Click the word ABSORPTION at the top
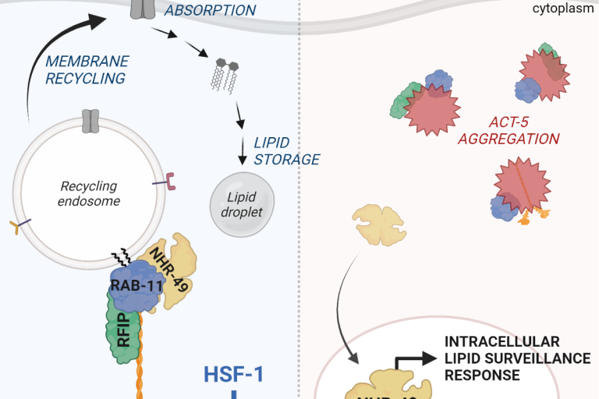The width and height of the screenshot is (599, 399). coord(210,11)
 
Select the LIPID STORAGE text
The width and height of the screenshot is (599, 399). coord(286,151)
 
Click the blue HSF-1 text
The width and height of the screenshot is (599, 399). coord(234,374)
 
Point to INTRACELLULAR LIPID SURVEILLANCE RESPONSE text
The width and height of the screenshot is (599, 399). coord(502,358)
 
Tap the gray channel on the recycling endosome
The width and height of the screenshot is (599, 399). coord(91,120)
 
